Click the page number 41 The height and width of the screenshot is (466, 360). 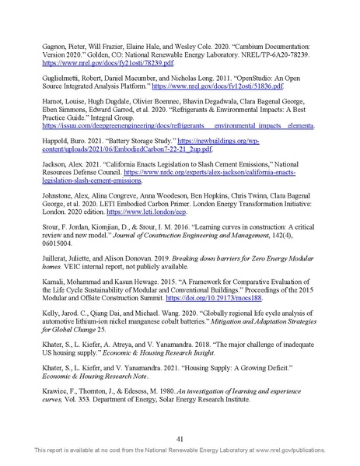click(180, 438)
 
